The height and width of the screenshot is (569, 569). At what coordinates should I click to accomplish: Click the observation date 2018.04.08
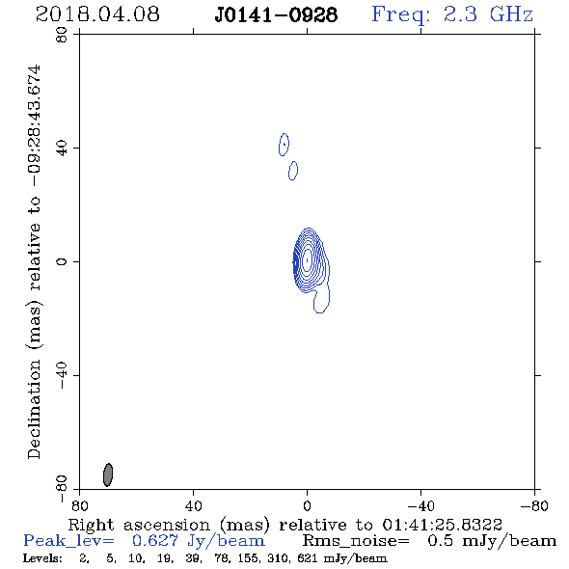pyautogui.click(x=97, y=14)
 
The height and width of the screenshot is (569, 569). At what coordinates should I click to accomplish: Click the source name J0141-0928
pyautogui.click(x=276, y=14)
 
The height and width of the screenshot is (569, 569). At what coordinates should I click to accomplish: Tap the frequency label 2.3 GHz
pyautogui.click(x=488, y=14)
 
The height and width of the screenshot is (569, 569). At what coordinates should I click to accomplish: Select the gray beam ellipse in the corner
pyautogui.click(x=108, y=474)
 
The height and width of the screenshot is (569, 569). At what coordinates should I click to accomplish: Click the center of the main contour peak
pyautogui.click(x=308, y=259)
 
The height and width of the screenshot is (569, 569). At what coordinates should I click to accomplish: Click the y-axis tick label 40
pyautogui.click(x=62, y=149)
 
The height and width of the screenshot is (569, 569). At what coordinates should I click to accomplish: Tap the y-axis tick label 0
pyautogui.click(x=62, y=261)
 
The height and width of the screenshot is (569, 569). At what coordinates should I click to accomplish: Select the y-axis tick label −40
pyautogui.click(x=62, y=375)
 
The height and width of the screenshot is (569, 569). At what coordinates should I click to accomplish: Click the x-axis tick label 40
pyautogui.click(x=193, y=505)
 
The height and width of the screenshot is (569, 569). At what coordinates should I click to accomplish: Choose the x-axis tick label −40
pyautogui.click(x=420, y=505)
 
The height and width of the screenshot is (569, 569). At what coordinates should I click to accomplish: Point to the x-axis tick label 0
pyautogui.click(x=307, y=505)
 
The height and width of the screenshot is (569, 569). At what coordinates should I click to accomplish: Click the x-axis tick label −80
pyautogui.click(x=534, y=505)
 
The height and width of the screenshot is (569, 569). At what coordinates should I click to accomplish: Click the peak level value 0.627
pyautogui.click(x=155, y=541)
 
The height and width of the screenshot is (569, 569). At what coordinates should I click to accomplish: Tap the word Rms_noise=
pyautogui.click(x=356, y=541)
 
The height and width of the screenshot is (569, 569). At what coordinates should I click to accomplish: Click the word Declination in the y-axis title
pyautogui.click(x=34, y=409)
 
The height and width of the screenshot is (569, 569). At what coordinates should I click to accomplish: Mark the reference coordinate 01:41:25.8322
pyautogui.click(x=442, y=525)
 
